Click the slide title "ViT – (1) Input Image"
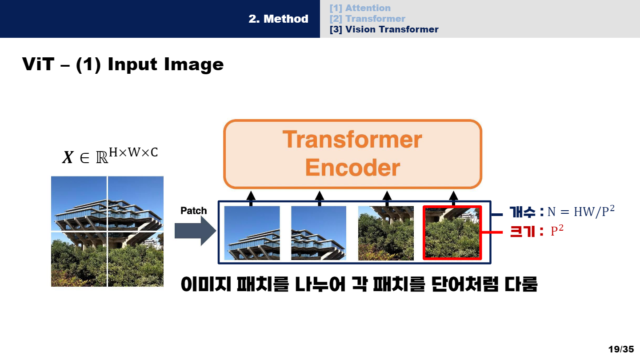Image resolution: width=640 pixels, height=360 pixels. pos(123,65)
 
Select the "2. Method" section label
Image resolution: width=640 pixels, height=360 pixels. pos(278,19)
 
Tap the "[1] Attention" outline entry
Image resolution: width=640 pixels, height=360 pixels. pos(360,8)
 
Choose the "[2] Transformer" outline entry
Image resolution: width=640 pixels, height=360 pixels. pos(367,19)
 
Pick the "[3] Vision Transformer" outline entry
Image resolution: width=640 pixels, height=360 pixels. pos(384,29)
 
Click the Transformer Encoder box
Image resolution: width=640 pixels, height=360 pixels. pos(352,154)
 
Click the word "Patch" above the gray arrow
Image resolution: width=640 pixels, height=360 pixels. pos(194,211)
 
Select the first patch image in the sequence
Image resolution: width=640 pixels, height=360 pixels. pos(252,233)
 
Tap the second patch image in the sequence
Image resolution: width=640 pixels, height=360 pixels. pos(319,233)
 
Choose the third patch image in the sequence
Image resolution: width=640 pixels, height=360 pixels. pos(386,233)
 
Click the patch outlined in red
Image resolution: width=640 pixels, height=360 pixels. pos(452,232)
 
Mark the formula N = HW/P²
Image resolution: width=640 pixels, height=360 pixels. pos(581,212)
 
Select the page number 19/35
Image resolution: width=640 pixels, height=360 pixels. pos(621,349)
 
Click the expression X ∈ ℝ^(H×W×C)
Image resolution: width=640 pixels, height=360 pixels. pos(110,156)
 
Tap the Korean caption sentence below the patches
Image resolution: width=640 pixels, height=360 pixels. pos(359,284)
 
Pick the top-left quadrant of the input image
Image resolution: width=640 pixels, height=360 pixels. pos(79,204)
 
